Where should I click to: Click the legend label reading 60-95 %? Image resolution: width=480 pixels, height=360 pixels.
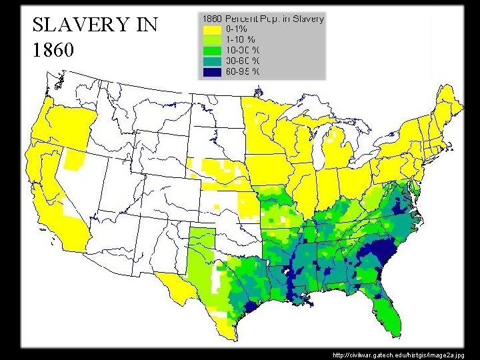click(243, 71)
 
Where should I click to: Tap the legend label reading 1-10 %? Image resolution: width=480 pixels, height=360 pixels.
click(242, 39)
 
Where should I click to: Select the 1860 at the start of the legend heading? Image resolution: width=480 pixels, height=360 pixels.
click(211, 19)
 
